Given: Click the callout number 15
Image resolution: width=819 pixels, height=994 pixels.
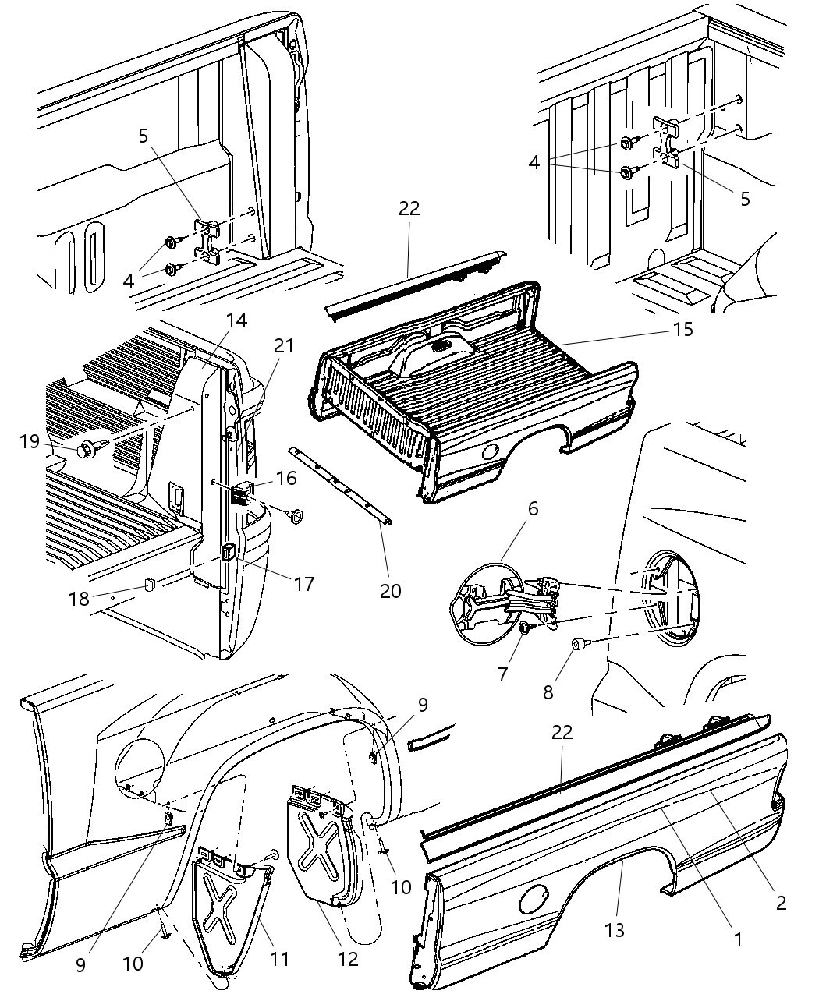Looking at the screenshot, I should [682, 329].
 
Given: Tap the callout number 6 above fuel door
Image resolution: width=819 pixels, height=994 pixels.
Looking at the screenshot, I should [533, 508].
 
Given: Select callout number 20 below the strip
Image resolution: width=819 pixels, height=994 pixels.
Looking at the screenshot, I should [390, 591].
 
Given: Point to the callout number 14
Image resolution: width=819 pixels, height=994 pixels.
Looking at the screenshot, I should [236, 320].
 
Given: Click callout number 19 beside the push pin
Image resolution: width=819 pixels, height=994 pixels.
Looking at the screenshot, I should [30, 442].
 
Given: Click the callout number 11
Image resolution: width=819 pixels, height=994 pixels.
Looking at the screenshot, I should [278, 958].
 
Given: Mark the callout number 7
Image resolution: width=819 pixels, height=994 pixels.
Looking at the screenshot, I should [503, 674].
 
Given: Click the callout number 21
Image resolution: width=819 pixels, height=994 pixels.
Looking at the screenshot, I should [283, 344].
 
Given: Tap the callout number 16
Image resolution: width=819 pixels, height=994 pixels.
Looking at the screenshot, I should [287, 478].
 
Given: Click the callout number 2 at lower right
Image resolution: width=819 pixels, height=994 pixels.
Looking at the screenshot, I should [781, 903].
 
